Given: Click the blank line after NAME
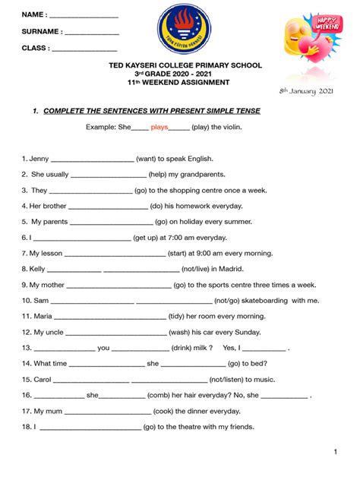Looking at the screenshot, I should click(84, 16).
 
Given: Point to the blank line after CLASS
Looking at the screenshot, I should click(84, 49).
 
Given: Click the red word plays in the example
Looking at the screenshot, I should click(159, 128).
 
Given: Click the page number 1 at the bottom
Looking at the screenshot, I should click(335, 453).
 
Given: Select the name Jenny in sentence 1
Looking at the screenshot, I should click(39, 159).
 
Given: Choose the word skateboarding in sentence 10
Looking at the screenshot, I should click(258, 300).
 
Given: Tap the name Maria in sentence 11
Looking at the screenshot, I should click(43, 316).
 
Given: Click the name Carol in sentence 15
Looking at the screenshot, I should click(43, 379).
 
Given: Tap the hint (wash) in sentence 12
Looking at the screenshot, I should click(180, 332).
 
